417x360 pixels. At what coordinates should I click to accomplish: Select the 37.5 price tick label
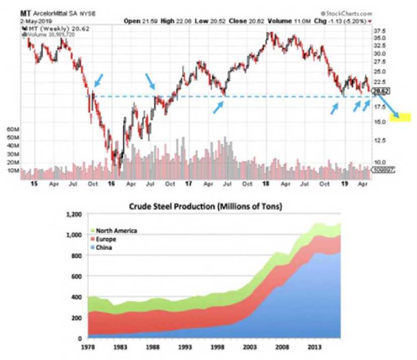coord(380,30)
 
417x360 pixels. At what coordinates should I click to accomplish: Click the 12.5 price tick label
coord(380,140)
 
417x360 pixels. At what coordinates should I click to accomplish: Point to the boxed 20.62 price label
coord(380,91)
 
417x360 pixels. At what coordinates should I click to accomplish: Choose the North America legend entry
coord(114,230)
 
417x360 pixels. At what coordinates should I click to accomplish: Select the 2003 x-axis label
coord(250,347)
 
